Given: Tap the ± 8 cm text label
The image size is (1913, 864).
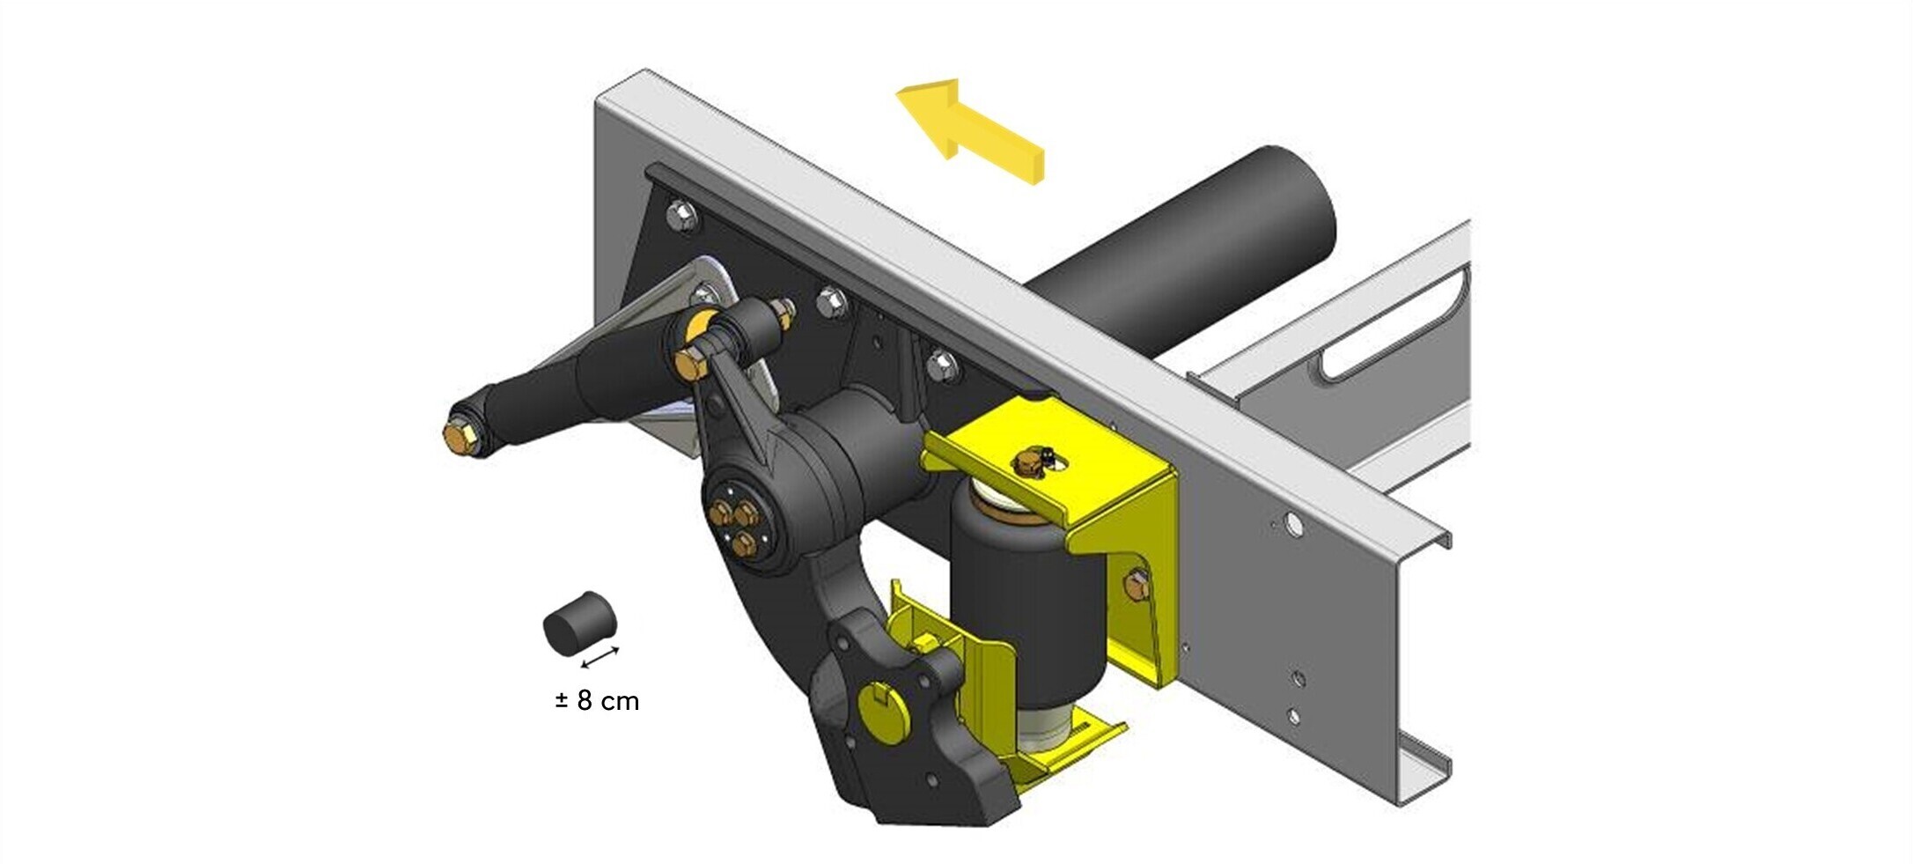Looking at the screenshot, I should [x=598, y=701].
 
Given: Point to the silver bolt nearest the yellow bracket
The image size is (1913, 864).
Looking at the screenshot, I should [x=941, y=362].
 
